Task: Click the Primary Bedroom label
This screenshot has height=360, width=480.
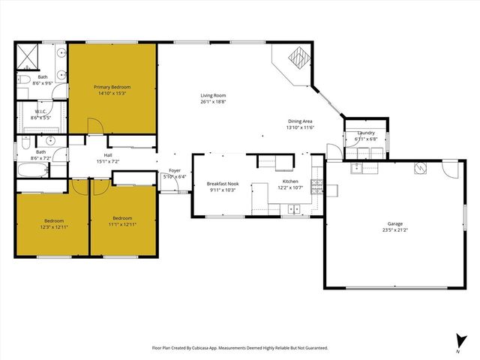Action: (x=112, y=87)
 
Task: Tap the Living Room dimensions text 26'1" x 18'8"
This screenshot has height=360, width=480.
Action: (x=213, y=102)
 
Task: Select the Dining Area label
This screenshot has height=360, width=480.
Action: (x=300, y=121)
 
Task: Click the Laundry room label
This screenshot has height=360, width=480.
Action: (x=365, y=133)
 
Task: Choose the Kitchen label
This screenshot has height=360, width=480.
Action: (x=290, y=181)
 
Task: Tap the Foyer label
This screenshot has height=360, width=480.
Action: (x=174, y=171)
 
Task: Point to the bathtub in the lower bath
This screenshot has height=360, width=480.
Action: (x=31, y=171)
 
